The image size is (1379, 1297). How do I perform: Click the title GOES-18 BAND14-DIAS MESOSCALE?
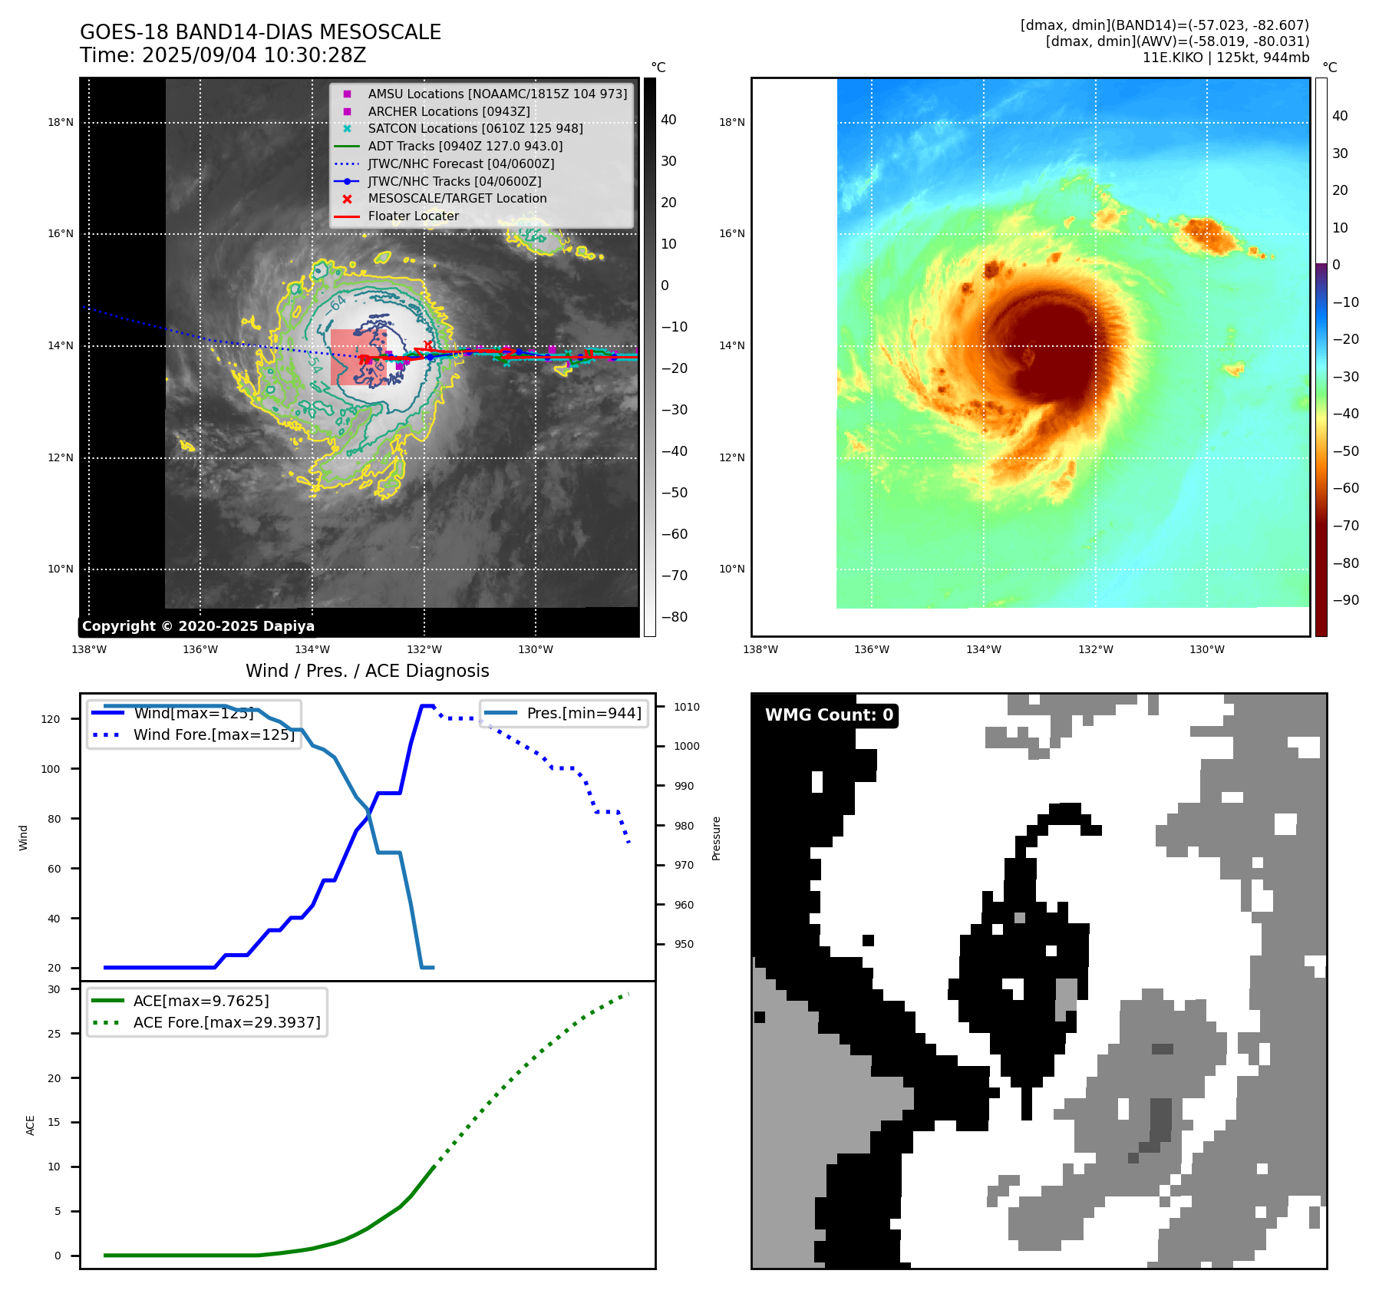pyautogui.click(x=260, y=32)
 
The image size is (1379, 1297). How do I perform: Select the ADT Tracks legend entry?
pyautogui.click(x=464, y=146)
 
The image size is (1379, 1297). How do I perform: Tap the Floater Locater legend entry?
pyautogui.click(x=413, y=216)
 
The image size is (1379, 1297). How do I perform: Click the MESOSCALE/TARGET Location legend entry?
pyautogui.click(x=457, y=199)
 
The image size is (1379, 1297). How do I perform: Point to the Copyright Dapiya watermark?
pyautogui.click(x=198, y=626)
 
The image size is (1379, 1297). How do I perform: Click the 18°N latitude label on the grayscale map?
pyautogui.click(x=61, y=122)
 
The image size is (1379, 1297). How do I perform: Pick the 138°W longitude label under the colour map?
pyautogui.click(x=760, y=650)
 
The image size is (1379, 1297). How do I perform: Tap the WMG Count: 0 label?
pyautogui.click(x=829, y=715)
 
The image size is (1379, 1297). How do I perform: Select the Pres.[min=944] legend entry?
pyautogui.click(x=583, y=713)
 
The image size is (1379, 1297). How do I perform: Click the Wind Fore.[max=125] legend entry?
pyautogui.click(x=213, y=734)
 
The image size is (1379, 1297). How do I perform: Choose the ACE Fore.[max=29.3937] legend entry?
pyautogui.click(x=226, y=1022)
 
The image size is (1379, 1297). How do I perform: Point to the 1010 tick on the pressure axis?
pyautogui.click(x=687, y=707)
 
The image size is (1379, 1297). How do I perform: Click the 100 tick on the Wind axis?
pyautogui.click(x=51, y=769)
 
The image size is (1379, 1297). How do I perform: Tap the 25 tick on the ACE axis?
pyautogui.click(x=54, y=1034)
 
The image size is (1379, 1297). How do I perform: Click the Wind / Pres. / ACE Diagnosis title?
pyautogui.click(x=367, y=671)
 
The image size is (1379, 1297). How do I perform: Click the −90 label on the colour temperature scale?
pyautogui.click(x=1345, y=600)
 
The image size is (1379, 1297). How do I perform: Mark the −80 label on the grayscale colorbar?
pyautogui.click(x=675, y=617)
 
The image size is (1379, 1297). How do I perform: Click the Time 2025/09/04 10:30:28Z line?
pyautogui.click(x=223, y=55)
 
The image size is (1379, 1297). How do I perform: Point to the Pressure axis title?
pyautogui.click(x=716, y=838)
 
